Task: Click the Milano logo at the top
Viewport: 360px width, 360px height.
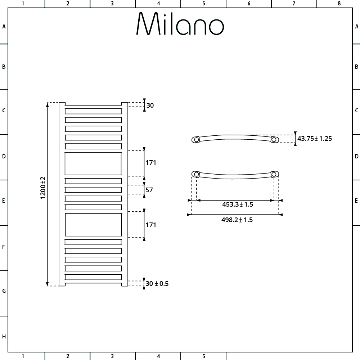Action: (x=180, y=24)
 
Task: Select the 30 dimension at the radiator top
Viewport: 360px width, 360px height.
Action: (x=150, y=105)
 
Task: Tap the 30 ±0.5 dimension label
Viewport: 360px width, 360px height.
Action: (x=157, y=284)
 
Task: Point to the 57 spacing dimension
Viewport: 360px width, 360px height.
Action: (x=149, y=190)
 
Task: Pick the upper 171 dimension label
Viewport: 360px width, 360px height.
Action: (x=150, y=163)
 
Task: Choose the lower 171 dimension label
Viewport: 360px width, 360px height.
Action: (x=150, y=225)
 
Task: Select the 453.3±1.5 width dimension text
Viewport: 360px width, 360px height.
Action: (x=237, y=204)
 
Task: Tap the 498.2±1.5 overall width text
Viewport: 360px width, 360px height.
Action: (x=237, y=220)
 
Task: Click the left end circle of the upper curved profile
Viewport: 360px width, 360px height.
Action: (x=196, y=139)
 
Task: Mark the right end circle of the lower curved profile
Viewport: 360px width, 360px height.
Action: (x=274, y=174)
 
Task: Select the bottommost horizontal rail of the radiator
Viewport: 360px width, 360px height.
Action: (x=93, y=277)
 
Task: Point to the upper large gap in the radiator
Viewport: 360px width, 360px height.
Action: (x=93, y=164)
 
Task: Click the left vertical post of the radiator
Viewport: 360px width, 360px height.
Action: (x=62, y=194)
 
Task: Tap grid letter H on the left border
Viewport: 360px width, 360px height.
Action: (x=4, y=337)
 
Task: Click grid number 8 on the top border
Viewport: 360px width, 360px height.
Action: (x=339, y=4)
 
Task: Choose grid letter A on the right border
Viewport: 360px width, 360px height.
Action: (x=356, y=26)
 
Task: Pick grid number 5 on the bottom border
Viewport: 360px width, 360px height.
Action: (x=203, y=356)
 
